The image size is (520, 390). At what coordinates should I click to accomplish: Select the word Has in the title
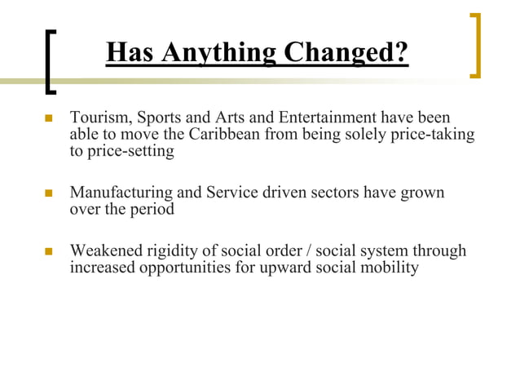(x=129, y=53)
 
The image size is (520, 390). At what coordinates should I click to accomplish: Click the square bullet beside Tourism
(x=48, y=119)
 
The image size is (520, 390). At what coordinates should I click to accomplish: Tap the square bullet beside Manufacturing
(x=48, y=194)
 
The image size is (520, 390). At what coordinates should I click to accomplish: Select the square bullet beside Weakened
(x=48, y=251)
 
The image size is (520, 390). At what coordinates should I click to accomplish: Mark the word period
(x=153, y=210)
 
